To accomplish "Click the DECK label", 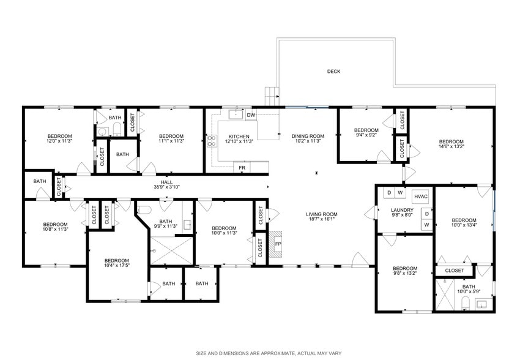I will [x=333, y=72].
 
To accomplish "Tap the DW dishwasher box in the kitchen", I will [x=251, y=114].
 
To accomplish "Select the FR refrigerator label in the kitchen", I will [x=242, y=167].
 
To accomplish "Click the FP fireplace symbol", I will [x=277, y=243].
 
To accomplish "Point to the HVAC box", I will [x=420, y=196].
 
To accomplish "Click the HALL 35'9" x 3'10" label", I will [x=166, y=184].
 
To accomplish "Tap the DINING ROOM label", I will [x=307, y=138].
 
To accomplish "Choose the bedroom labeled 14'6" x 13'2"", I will [x=451, y=143].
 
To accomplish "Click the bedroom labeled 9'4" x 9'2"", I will [x=366, y=133].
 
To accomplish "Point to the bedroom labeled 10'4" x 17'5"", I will [x=116, y=263].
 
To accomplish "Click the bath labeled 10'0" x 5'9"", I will [x=469, y=290].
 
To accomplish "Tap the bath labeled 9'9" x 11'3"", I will [x=168, y=223].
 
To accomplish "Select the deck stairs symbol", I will [x=271, y=96].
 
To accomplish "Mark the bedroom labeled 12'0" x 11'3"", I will [x=60, y=138].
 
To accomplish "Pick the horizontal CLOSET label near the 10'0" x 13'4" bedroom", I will [x=454, y=270].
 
